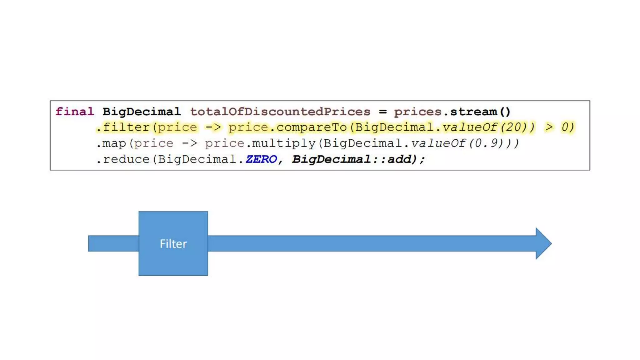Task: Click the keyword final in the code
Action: point(75,112)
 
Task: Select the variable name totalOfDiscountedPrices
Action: point(280,112)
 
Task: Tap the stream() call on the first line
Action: point(480,112)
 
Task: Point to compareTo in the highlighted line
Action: point(312,127)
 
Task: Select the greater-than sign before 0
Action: point(549,127)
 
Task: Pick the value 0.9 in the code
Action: point(488,143)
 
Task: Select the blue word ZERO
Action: point(261,159)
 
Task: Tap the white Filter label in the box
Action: point(173,244)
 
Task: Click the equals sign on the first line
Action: point(383,112)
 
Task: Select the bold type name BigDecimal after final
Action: point(142,112)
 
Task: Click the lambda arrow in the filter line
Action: point(213,127)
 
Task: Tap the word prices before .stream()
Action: point(417,112)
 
